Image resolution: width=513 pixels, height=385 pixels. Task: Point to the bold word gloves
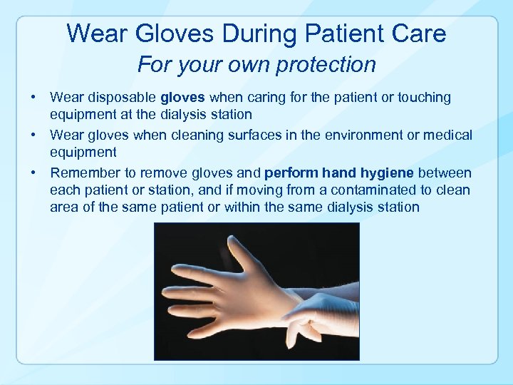[x=183, y=98]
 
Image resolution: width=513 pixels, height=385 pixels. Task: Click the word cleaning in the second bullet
[x=191, y=135]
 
